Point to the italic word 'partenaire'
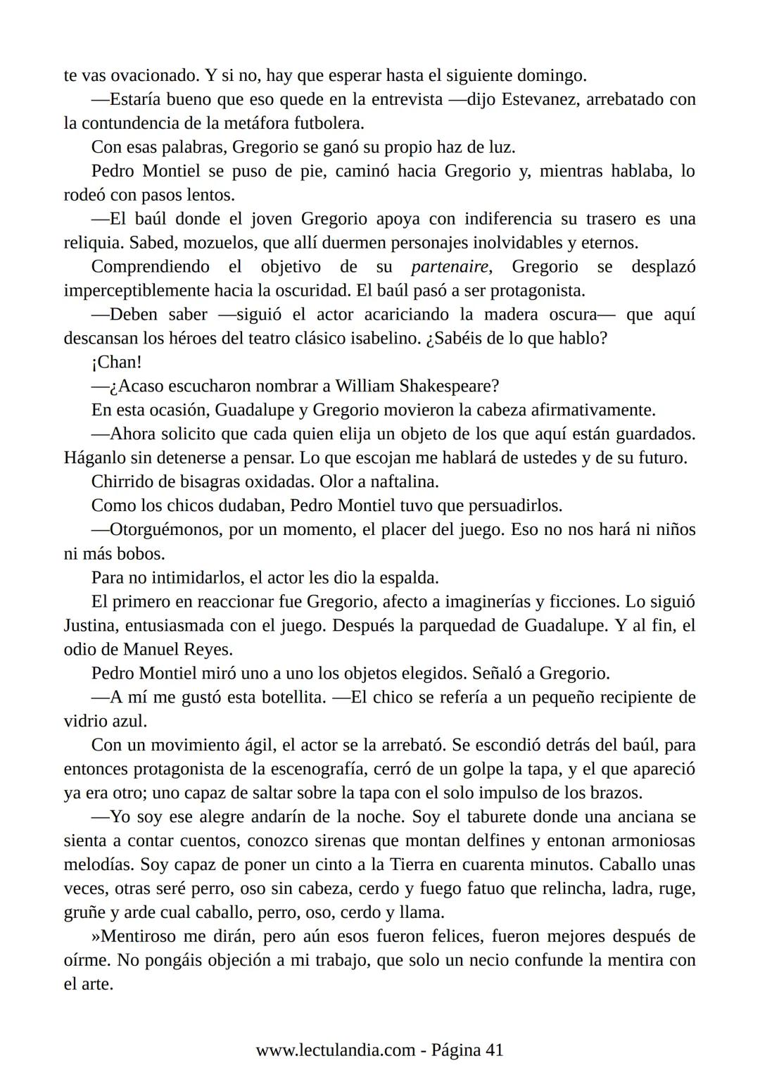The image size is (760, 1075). point(450,267)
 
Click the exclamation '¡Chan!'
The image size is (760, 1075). point(116,363)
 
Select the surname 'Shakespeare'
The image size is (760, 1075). point(448,386)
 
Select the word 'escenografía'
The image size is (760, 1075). point(314,769)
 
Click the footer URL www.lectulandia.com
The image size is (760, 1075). point(335,1050)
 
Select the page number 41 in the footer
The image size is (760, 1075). point(494,1050)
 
